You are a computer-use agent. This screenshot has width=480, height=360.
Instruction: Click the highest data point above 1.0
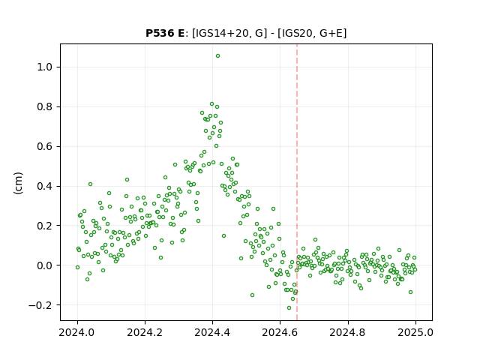pos(217,56)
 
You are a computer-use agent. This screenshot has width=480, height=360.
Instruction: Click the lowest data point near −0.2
pos(289,308)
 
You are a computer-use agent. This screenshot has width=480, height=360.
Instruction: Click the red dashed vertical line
pos(297,182)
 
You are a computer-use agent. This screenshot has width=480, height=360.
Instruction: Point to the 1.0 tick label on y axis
pos(45,67)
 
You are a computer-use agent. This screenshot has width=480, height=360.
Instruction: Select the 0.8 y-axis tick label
pos(45,106)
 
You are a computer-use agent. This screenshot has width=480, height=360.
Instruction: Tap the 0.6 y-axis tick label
pos(45,147)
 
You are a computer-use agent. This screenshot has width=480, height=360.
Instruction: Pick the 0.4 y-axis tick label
pos(45,186)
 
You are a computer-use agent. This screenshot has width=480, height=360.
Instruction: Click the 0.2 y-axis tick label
pos(45,226)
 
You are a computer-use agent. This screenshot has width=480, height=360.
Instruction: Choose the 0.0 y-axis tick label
pos(45,265)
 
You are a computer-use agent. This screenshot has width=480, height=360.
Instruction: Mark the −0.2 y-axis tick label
pos(40,305)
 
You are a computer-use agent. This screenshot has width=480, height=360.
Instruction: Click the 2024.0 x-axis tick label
pos(77,332)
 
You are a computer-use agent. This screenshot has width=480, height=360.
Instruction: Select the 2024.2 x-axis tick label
pos(145,332)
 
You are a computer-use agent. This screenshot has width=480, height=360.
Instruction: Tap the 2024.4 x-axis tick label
pos(212,332)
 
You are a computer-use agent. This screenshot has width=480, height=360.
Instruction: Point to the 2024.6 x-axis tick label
pos(280,332)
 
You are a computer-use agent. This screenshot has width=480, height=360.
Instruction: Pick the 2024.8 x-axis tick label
pos(348,332)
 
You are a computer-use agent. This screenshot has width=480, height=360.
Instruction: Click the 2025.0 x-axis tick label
pos(415,332)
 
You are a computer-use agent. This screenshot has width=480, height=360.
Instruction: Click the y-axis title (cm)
pos(18,183)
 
